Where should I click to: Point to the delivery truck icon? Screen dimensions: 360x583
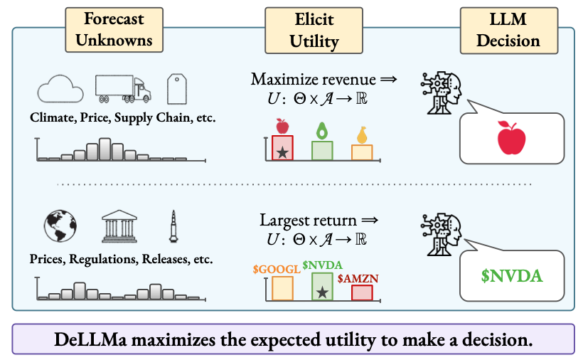123,88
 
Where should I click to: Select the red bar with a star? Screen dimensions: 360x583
282,147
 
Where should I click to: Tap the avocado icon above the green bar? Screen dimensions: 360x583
322,130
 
